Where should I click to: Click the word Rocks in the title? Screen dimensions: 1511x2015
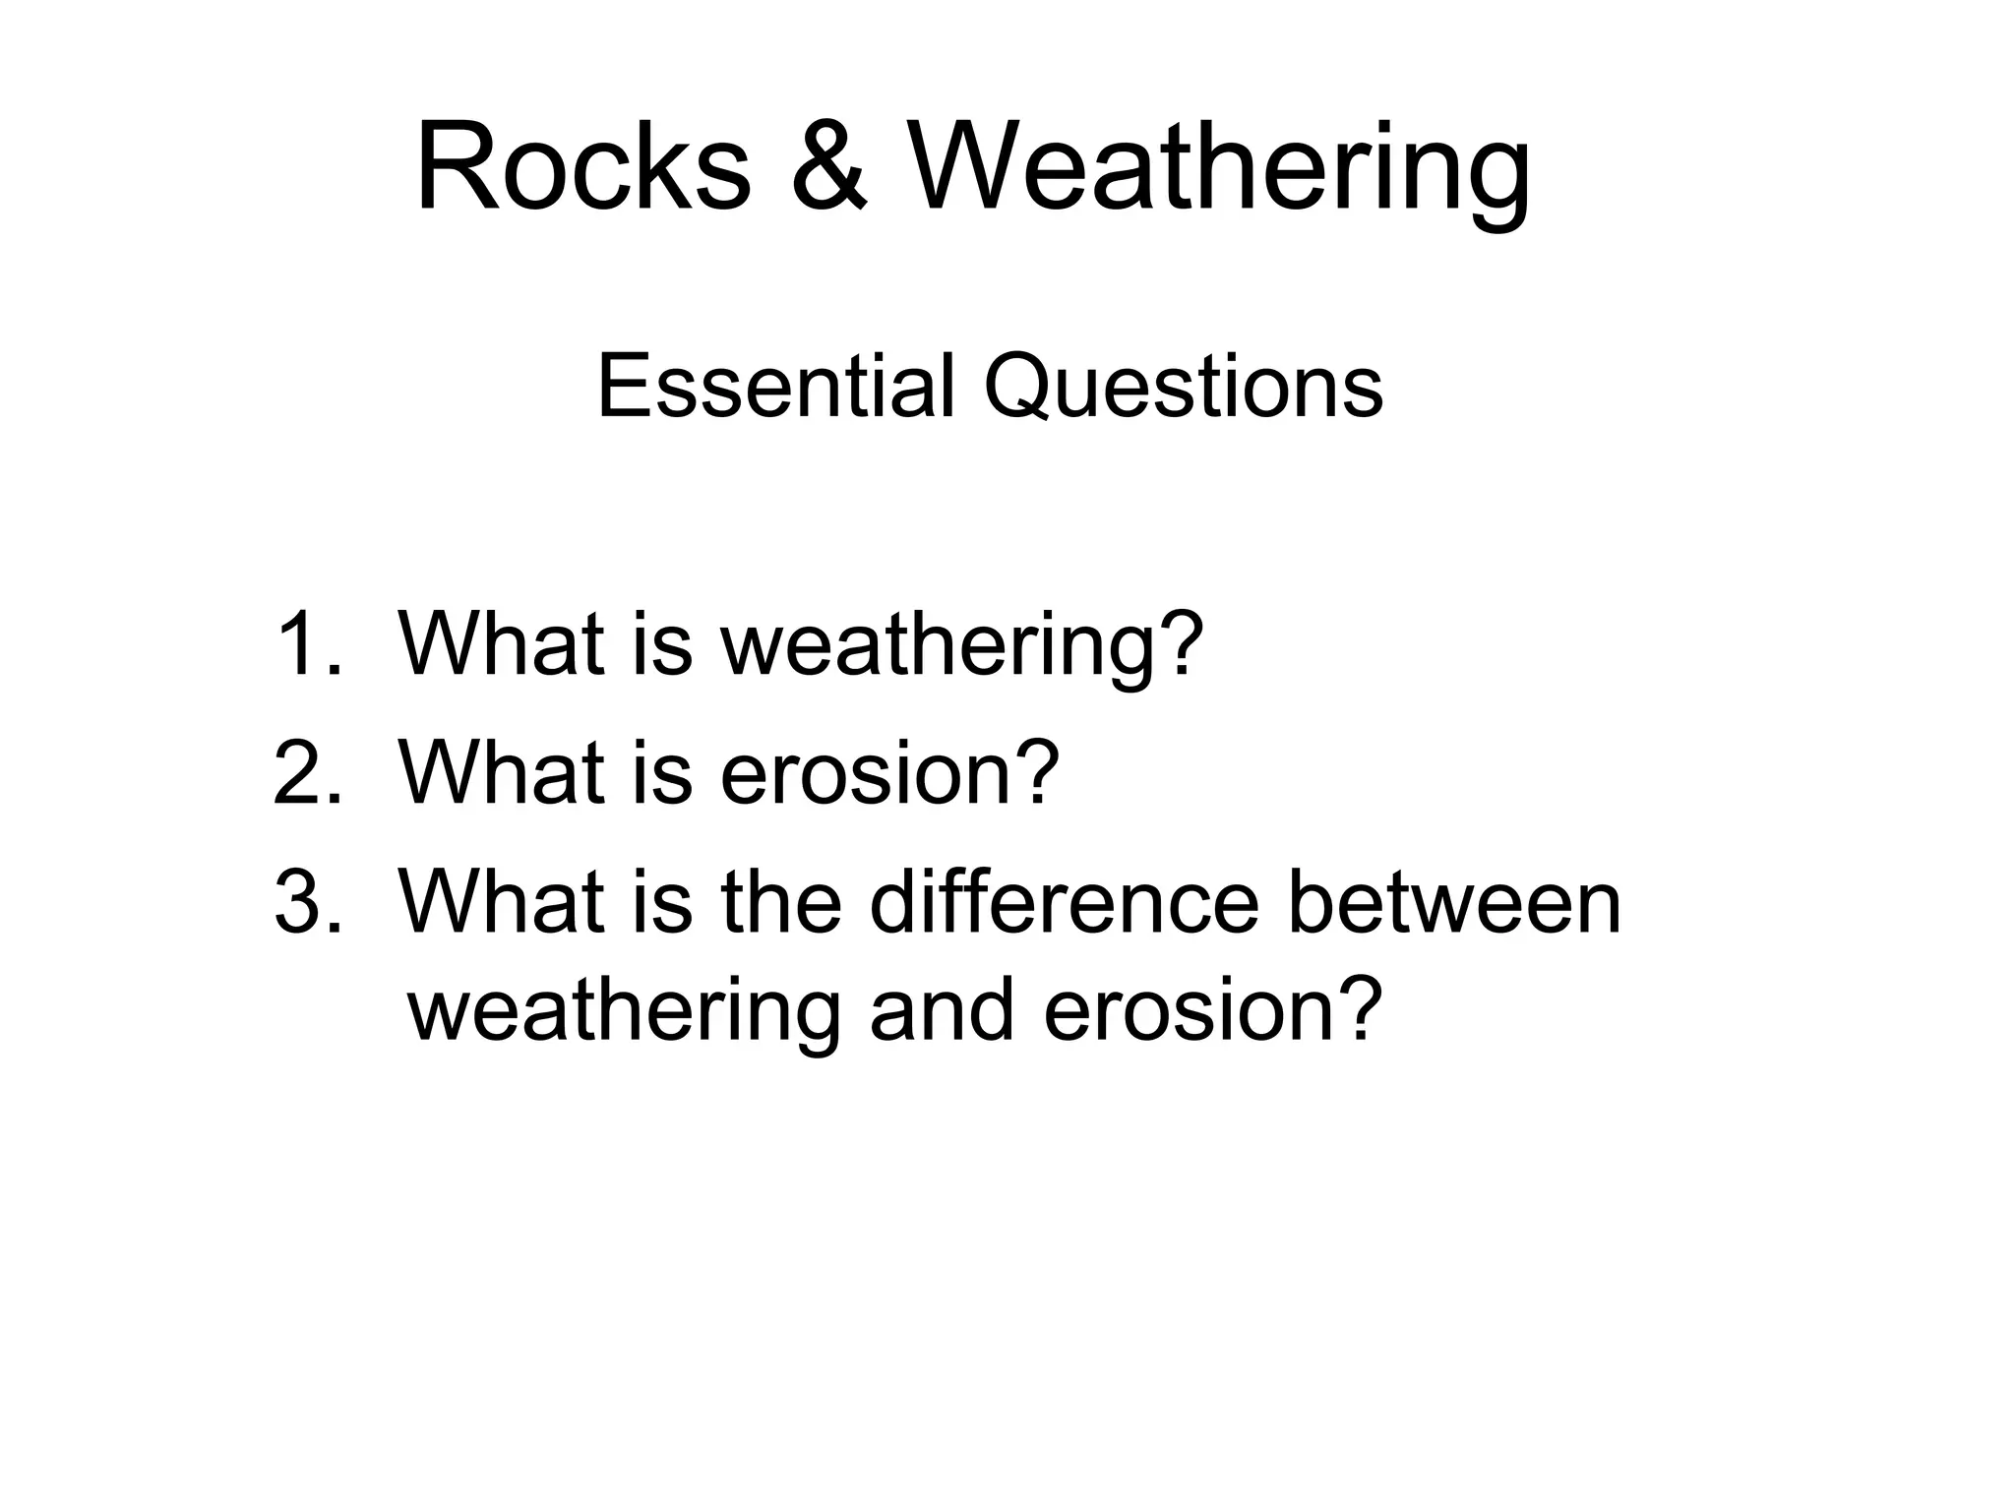point(583,167)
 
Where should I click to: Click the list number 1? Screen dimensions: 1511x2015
point(307,644)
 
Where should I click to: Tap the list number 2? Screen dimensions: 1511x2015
point(307,773)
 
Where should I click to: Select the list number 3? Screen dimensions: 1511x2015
point(307,902)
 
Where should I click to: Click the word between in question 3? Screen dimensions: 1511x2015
point(1454,902)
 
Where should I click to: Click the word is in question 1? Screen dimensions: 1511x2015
point(662,644)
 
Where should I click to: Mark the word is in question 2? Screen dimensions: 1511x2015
point(662,773)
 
